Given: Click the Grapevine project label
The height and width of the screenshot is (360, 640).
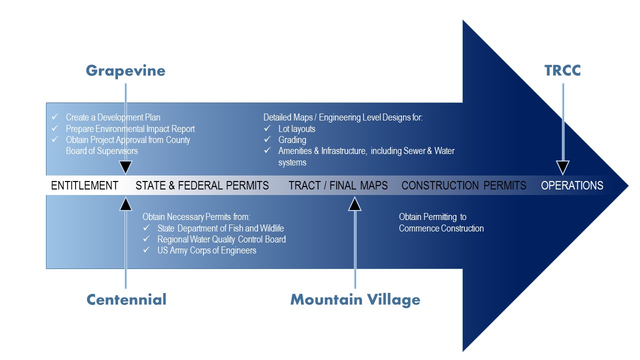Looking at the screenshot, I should click(125, 71).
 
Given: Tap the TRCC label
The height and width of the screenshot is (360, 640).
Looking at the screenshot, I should click(562, 71).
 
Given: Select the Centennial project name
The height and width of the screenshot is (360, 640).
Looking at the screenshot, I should click(126, 299).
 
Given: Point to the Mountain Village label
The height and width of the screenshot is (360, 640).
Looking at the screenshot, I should click(355, 299).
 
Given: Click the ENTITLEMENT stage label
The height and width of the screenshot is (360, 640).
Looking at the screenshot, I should click(84, 185).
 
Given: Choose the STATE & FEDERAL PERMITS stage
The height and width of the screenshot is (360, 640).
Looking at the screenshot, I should click(202, 185).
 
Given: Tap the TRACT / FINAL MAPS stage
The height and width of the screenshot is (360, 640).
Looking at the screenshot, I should click(338, 185).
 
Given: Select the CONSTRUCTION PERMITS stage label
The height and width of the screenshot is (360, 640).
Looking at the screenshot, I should click(463, 185).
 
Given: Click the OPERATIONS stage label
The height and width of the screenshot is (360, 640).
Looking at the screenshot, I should click(572, 185).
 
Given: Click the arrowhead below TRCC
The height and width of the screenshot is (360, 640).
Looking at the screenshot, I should click(563, 167).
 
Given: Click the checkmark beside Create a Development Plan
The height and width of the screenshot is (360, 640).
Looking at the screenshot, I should click(55, 117).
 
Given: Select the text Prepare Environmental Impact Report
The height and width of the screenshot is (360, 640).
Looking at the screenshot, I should click(130, 128).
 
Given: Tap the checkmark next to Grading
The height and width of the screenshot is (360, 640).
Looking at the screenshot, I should click(267, 140).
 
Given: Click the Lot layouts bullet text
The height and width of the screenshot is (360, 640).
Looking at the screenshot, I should click(296, 128).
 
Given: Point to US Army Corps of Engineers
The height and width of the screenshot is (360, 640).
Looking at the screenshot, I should click(206, 250).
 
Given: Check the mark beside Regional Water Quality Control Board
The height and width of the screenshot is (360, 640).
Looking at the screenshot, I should click(146, 239).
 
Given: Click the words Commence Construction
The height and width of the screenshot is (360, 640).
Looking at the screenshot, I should click(441, 228).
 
